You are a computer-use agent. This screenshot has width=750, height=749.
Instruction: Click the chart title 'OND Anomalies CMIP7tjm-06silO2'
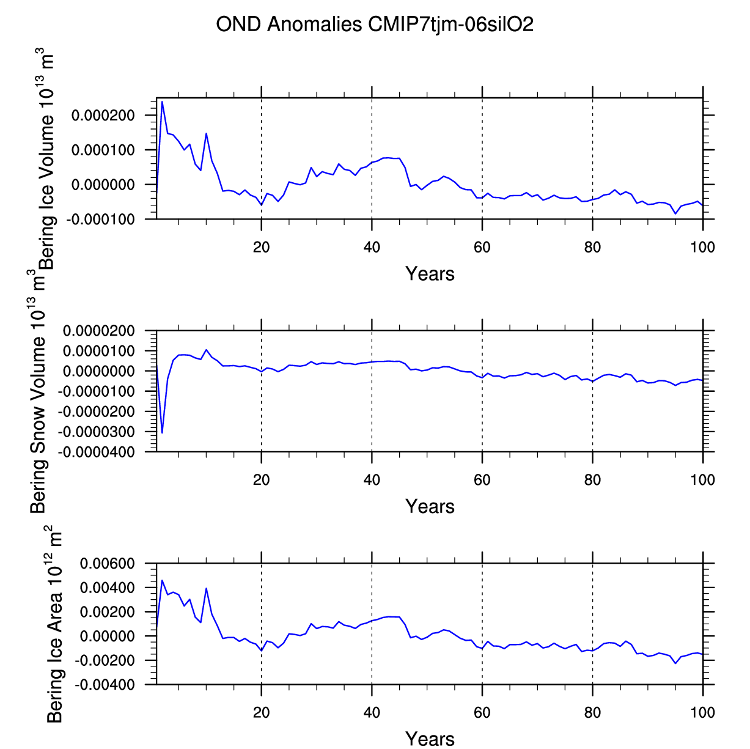[x=375, y=24]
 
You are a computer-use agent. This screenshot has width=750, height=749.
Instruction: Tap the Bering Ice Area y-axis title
[x=55, y=624]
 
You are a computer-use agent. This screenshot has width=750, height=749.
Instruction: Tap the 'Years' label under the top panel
[x=430, y=274]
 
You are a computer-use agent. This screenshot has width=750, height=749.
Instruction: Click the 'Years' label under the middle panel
[x=430, y=506]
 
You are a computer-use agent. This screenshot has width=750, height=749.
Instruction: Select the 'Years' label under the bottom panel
[x=430, y=739]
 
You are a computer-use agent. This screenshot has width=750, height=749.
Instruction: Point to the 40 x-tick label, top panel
[x=372, y=247]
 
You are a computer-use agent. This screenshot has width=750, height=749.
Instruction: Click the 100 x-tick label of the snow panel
[x=703, y=480]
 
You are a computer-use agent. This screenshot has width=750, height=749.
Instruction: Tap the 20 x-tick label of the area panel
[x=261, y=712]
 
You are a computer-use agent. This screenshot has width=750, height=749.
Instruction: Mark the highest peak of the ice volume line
[x=162, y=101]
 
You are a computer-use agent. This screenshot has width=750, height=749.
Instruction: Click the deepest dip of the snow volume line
[x=162, y=433]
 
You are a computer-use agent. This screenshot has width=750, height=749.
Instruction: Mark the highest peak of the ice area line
[x=162, y=580]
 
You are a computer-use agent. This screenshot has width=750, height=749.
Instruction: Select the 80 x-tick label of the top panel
[x=592, y=247]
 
